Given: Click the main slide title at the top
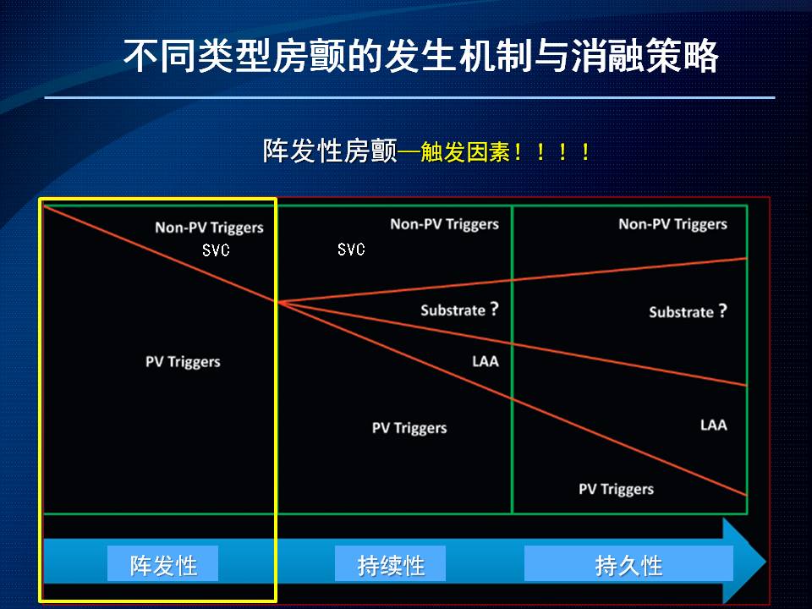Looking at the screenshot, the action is [x=420, y=55].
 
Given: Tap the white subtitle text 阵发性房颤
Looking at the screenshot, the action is [x=330, y=151].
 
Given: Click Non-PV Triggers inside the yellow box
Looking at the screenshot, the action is [x=209, y=228].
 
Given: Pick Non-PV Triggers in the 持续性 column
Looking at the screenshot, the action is [x=444, y=224].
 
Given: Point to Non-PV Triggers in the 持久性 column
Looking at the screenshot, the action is [x=672, y=224].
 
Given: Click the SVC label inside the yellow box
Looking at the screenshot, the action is [x=216, y=250].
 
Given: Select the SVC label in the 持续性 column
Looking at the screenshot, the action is [x=351, y=249].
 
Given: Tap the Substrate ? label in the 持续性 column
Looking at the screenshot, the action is [x=459, y=310].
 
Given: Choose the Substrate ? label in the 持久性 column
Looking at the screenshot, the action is [x=689, y=312].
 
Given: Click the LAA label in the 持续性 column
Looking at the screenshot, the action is [x=486, y=361].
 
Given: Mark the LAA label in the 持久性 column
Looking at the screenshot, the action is [x=714, y=425].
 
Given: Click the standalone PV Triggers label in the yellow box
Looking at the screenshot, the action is [x=183, y=361].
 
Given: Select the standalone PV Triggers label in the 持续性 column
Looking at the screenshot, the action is [x=409, y=428].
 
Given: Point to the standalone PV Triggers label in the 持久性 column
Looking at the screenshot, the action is [x=617, y=490].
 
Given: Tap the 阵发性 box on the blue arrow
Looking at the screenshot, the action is [x=162, y=563].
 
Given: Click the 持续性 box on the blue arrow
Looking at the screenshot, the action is [x=391, y=563].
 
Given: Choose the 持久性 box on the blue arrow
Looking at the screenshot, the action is [x=628, y=563].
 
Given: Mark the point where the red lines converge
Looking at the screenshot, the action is [x=277, y=302].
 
